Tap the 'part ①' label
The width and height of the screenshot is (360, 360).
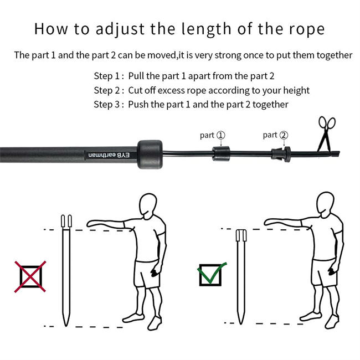click(x=212, y=135)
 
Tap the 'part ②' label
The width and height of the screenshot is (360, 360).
click(x=275, y=135)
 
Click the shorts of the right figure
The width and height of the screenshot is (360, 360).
click(x=323, y=274)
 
